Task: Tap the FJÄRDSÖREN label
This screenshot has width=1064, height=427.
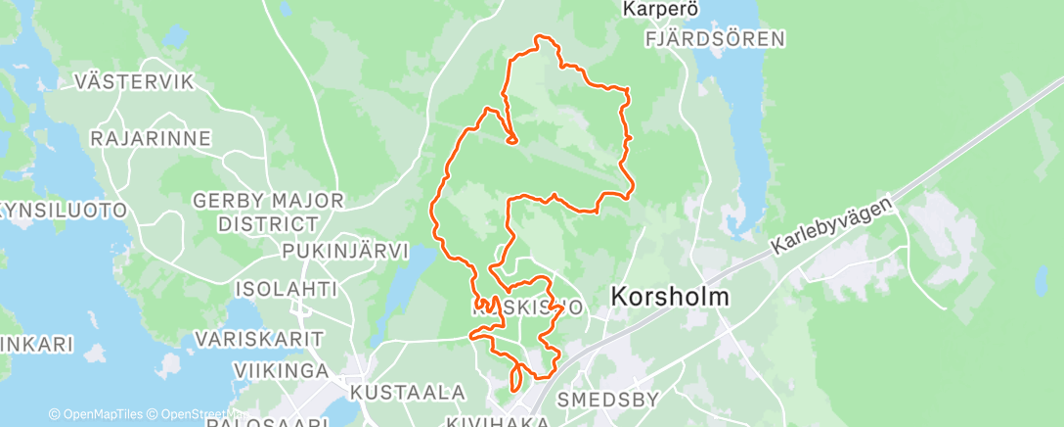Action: [x=715, y=39]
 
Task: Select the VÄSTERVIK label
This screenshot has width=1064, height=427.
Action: [x=135, y=81]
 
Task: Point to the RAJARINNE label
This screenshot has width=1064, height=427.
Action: [x=150, y=139]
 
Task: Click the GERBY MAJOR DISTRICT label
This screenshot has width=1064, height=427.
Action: [x=268, y=213]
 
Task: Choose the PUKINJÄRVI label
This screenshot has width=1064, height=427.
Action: [x=344, y=251]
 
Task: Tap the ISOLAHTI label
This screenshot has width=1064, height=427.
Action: [x=286, y=289]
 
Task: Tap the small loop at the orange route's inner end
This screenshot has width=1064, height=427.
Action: [x=511, y=139]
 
